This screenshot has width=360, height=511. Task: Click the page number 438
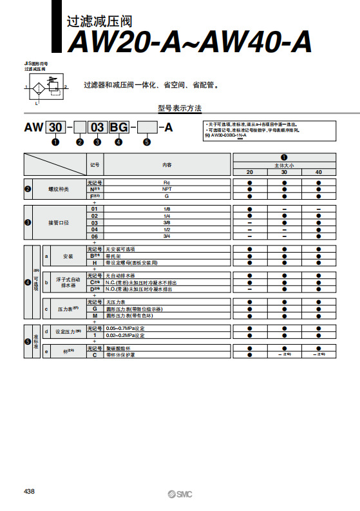click(x=29, y=492)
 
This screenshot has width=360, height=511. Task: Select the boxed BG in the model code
click(x=118, y=128)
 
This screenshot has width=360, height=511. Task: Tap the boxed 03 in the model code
click(x=97, y=128)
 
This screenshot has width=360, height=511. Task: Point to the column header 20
click(x=249, y=172)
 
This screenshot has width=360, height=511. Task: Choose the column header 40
click(x=319, y=172)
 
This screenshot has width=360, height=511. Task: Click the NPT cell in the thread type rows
click(x=166, y=189)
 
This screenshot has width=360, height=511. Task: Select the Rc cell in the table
click(x=166, y=183)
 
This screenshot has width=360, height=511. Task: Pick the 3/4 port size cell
click(x=166, y=236)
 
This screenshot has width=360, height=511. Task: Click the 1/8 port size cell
click(x=166, y=209)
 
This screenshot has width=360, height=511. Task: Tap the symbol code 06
click(x=95, y=236)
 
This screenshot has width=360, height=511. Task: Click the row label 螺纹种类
click(x=59, y=189)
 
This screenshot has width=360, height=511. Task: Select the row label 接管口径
click(x=59, y=223)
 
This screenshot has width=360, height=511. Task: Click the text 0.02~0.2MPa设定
click(x=125, y=335)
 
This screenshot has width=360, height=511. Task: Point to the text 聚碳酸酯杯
click(x=118, y=348)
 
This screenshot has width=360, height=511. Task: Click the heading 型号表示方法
click(x=180, y=108)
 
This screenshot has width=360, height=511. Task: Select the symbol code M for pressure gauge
click(x=95, y=316)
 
